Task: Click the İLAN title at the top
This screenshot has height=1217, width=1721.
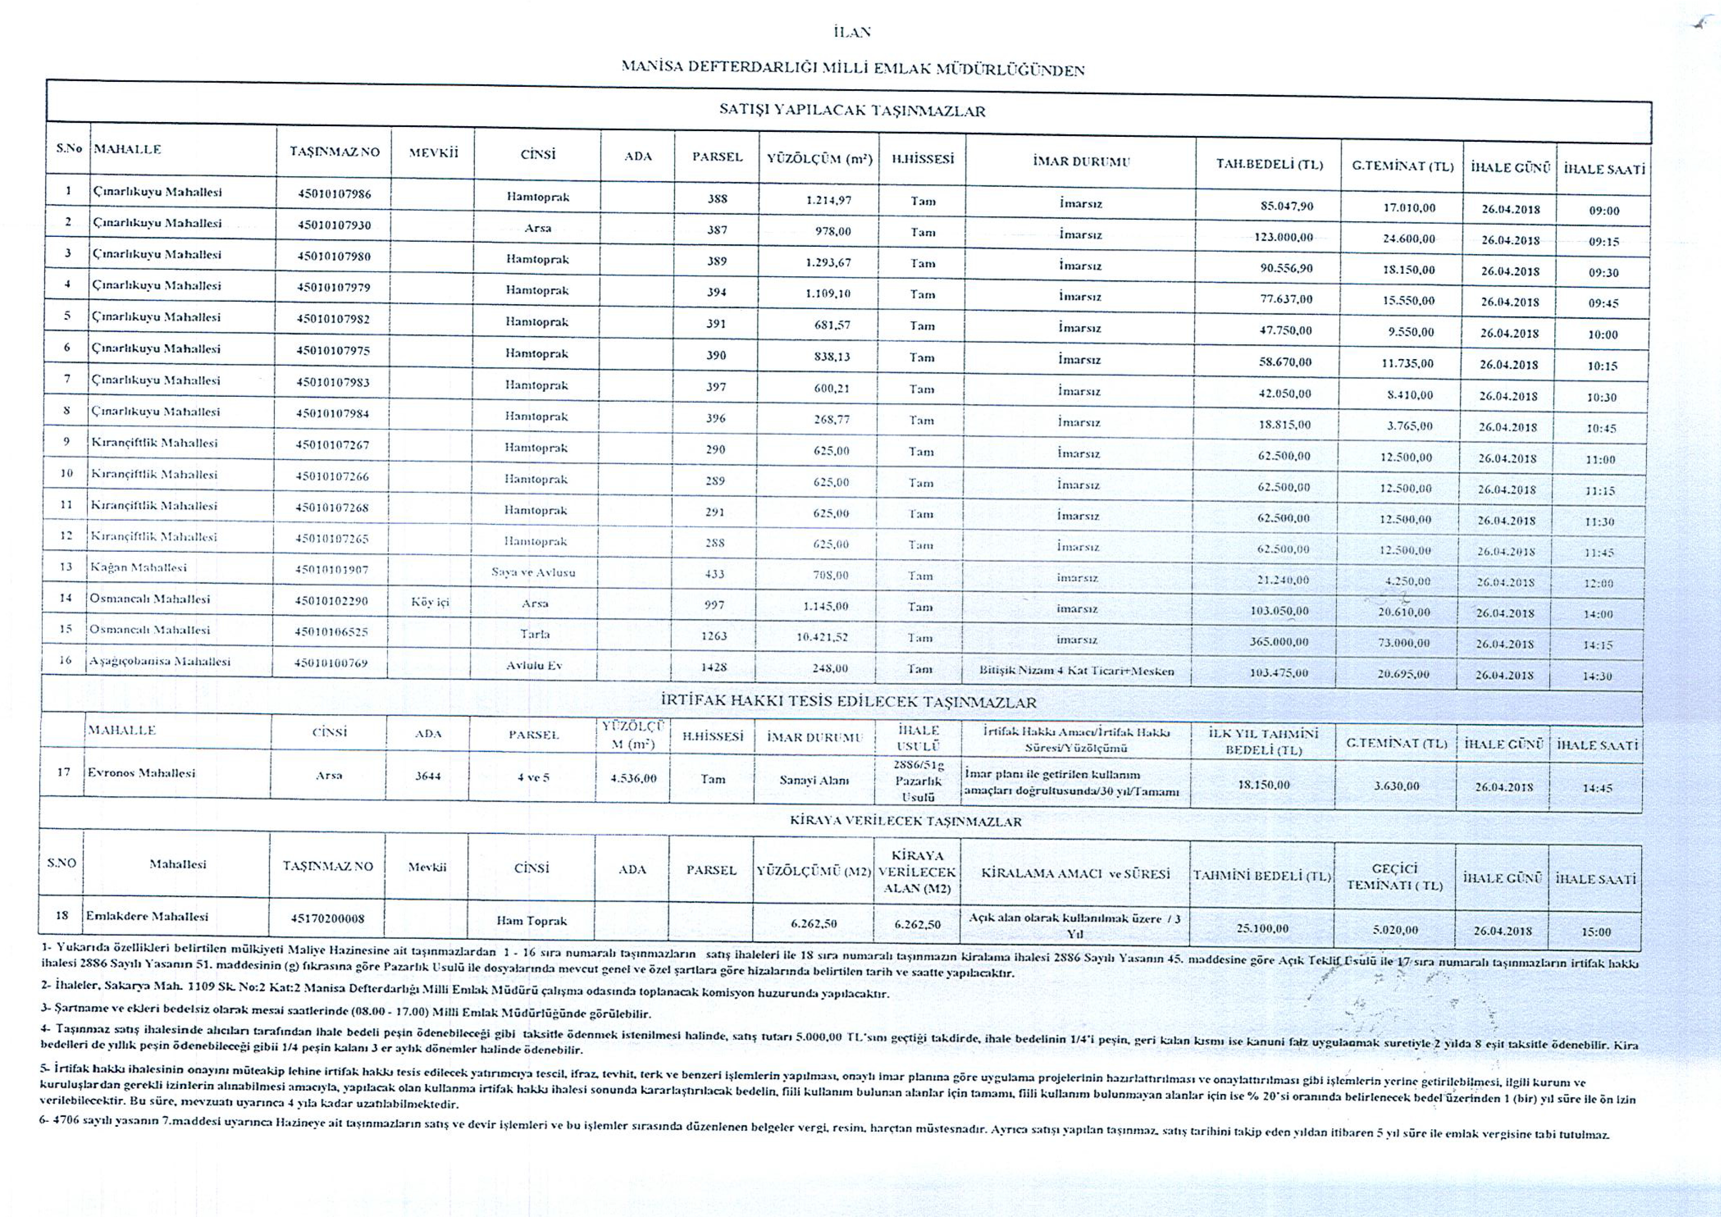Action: click(x=852, y=32)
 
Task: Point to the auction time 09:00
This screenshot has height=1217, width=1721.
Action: click(x=1604, y=210)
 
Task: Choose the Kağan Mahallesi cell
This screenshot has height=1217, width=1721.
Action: click(x=138, y=567)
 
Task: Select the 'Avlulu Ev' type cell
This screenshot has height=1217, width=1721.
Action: click(x=534, y=665)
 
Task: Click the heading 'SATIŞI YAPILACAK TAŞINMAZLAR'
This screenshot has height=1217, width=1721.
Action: click(x=852, y=111)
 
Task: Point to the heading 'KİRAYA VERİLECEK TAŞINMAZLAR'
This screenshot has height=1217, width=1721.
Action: click(x=906, y=821)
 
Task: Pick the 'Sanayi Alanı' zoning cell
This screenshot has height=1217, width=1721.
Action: click(x=813, y=780)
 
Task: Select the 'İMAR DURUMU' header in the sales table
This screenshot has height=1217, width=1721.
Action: click(x=1081, y=161)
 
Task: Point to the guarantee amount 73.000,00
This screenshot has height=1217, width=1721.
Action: click(x=1403, y=642)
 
